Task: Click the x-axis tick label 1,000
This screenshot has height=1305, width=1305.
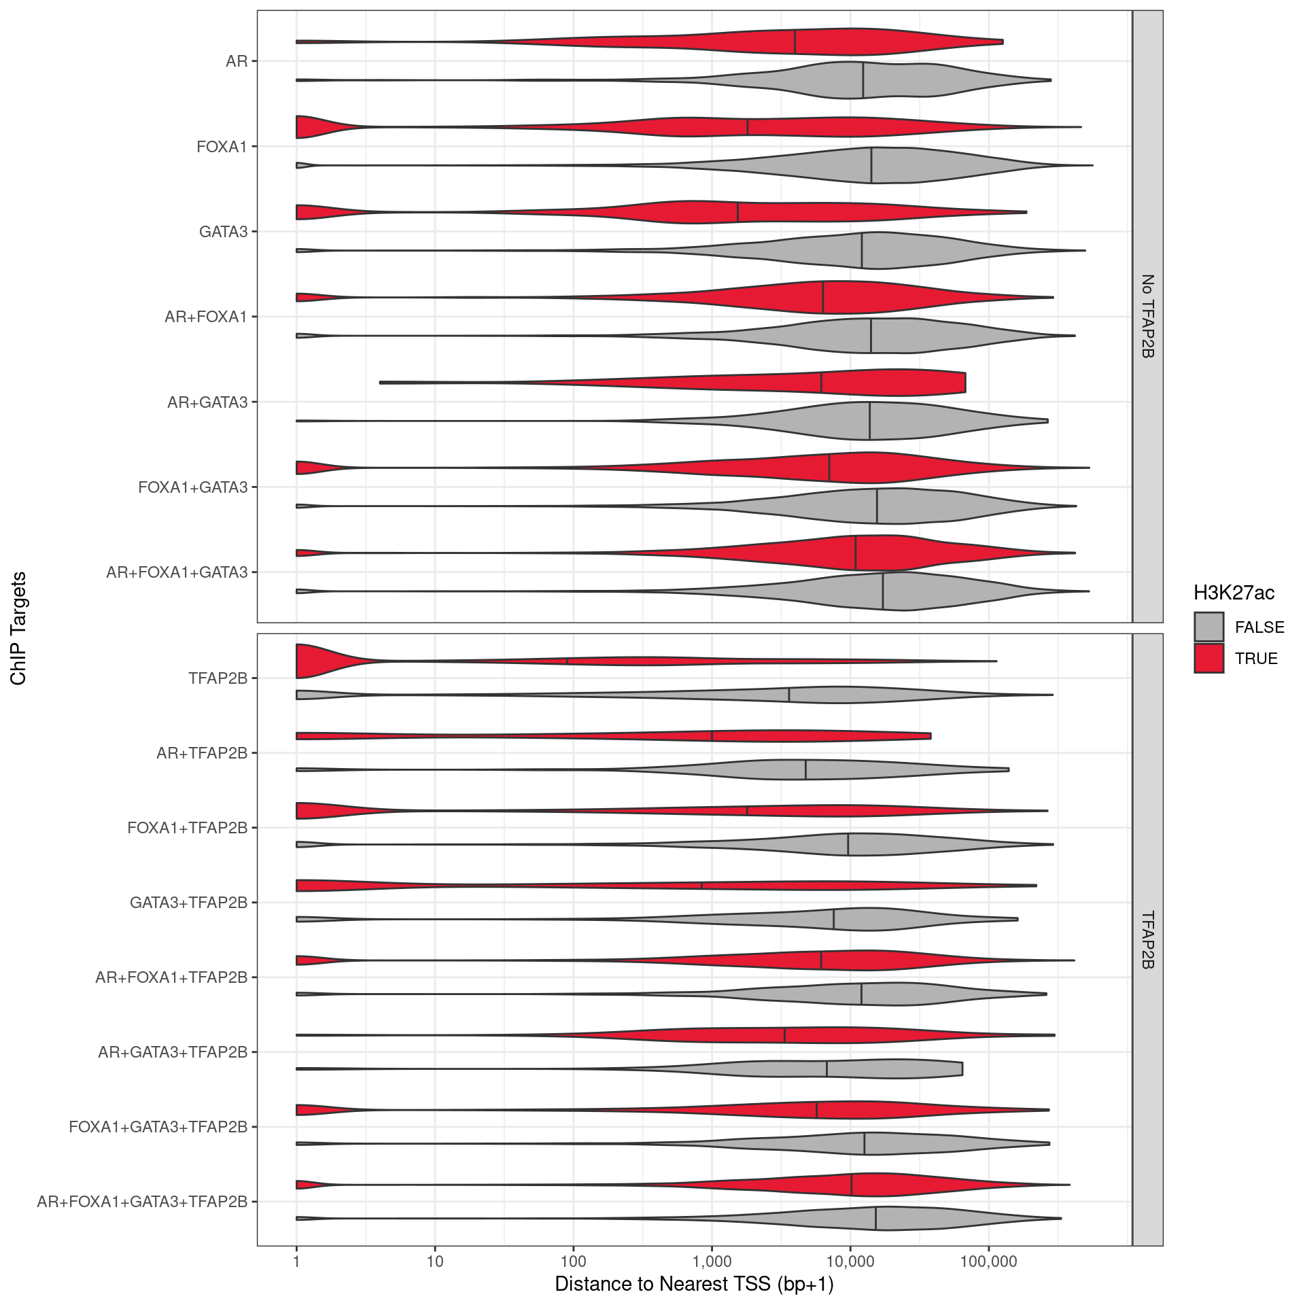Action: [x=712, y=1261]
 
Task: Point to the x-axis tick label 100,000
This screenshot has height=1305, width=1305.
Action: [x=988, y=1261]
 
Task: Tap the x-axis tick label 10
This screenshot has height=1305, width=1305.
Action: [x=435, y=1261]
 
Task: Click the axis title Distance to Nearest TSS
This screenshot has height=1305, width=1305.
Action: [x=694, y=1283]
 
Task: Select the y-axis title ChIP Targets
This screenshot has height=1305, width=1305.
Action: [x=18, y=628]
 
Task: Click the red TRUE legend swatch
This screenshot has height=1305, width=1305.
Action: [x=1208, y=658]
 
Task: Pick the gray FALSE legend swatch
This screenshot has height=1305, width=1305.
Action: [x=1208, y=627]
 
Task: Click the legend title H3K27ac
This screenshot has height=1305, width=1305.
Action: [x=1234, y=593]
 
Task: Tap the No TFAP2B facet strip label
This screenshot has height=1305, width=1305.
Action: [x=1147, y=316]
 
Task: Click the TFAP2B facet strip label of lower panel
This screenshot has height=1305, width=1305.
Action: [x=1147, y=939]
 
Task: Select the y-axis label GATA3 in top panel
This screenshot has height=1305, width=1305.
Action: [x=223, y=232]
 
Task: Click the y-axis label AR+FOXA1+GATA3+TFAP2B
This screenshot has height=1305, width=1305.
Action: [x=142, y=1202]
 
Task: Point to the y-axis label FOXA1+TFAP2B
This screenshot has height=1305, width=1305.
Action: [x=187, y=828]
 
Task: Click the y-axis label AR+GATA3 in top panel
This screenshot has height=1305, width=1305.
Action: [x=207, y=402]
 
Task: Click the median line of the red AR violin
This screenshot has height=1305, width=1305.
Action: [x=795, y=42]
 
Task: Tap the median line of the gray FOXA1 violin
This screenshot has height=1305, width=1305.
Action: [x=871, y=165]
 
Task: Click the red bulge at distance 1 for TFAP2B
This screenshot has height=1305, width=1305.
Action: [x=307, y=661]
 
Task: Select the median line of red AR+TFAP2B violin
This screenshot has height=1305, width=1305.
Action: [x=712, y=736]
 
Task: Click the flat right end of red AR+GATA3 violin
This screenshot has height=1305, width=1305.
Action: [x=964, y=383]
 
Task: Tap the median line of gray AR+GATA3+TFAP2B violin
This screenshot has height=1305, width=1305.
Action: [x=826, y=1069]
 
